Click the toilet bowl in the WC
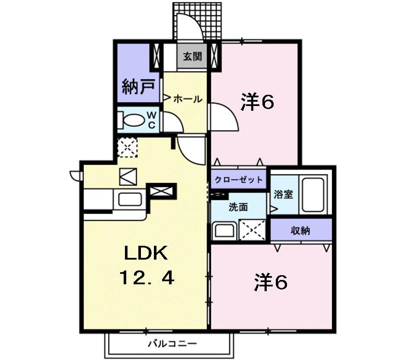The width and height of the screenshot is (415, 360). click(x=134, y=119)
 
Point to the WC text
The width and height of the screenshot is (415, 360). click(x=152, y=119)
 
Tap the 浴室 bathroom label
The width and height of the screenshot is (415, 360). click(x=283, y=194)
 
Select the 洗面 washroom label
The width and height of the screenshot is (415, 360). click(x=238, y=207)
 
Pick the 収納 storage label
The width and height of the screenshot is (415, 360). click(x=300, y=231)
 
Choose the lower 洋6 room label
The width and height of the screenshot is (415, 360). click(x=271, y=283)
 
